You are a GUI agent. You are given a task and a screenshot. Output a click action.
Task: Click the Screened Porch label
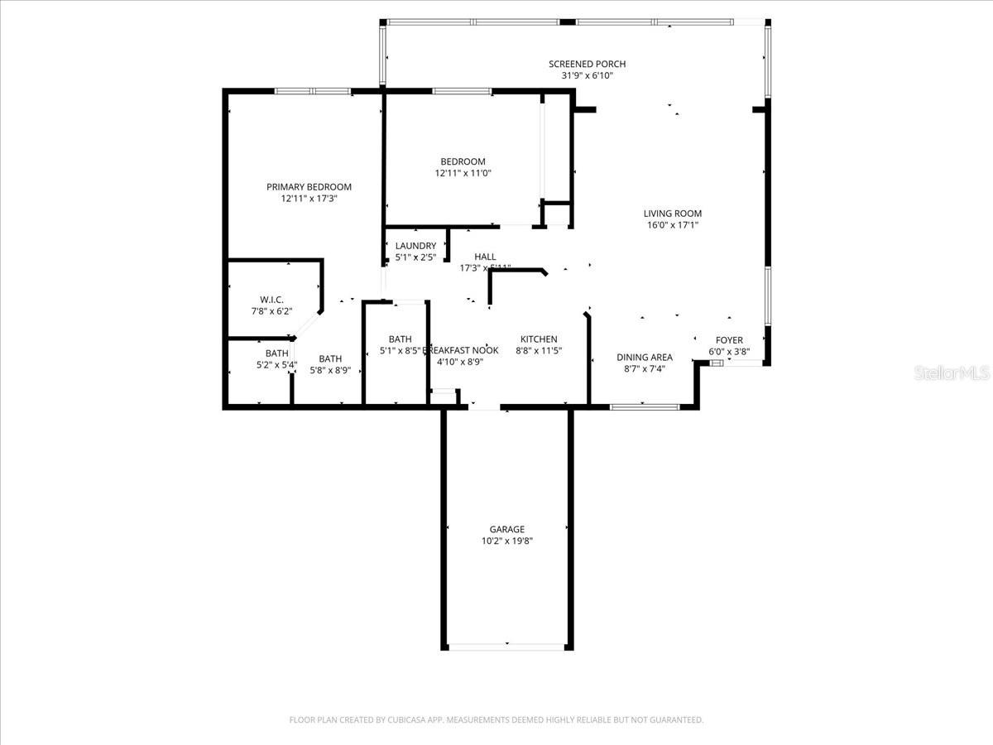(x=587, y=64)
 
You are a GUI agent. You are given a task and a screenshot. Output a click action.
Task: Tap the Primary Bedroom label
(x=309, y=187)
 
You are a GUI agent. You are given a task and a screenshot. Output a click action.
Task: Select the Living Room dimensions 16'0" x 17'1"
(x=673, y=225)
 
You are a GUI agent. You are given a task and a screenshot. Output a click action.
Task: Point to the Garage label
(x=506, y=530)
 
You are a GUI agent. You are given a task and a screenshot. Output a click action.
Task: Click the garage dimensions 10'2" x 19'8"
(x=506, y=541)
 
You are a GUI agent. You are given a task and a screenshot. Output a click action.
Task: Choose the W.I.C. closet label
(x=271, y=300)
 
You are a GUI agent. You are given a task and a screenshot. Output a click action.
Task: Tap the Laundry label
(x=415, y=246)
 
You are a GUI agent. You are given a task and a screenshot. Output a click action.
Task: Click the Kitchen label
(x=538, y=339)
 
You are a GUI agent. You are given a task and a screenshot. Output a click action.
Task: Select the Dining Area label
(x=644, y=358)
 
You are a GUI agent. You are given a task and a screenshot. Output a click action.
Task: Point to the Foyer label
(x=729, y=340)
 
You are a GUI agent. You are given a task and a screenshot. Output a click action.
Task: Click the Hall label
(x=485, y=257)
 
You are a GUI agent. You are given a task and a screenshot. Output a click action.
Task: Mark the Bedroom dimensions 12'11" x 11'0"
(x=463, y=173)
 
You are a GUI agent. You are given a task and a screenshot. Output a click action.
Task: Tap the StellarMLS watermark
(x=952, y=374)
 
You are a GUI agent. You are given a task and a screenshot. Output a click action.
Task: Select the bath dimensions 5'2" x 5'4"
(x=276, y=365)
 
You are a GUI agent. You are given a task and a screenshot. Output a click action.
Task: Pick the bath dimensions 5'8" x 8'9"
(x=330, y=371)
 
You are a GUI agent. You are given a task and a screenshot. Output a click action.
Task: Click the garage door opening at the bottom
(x=506, y=646)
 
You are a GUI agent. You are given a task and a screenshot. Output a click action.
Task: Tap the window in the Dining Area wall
(x=644, y=406)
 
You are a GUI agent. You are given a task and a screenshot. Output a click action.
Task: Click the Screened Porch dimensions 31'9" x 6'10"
(x=587, y=75)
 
